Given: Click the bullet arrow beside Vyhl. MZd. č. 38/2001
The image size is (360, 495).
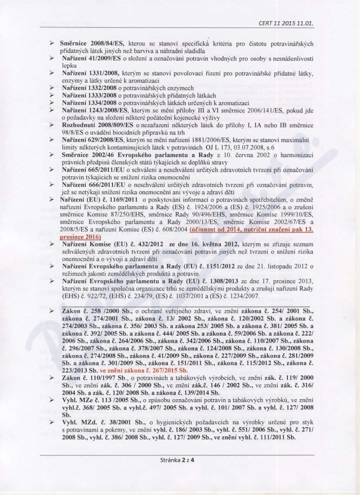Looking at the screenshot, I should [x=52, y=422].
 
